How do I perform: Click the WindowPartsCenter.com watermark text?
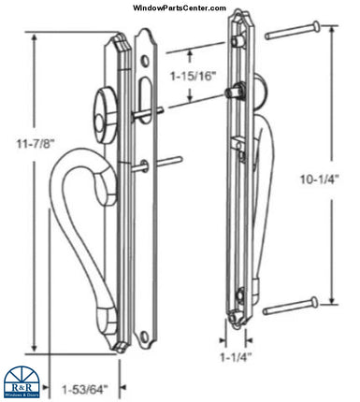[180, 8]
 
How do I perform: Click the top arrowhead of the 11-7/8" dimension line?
[35, 37]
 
